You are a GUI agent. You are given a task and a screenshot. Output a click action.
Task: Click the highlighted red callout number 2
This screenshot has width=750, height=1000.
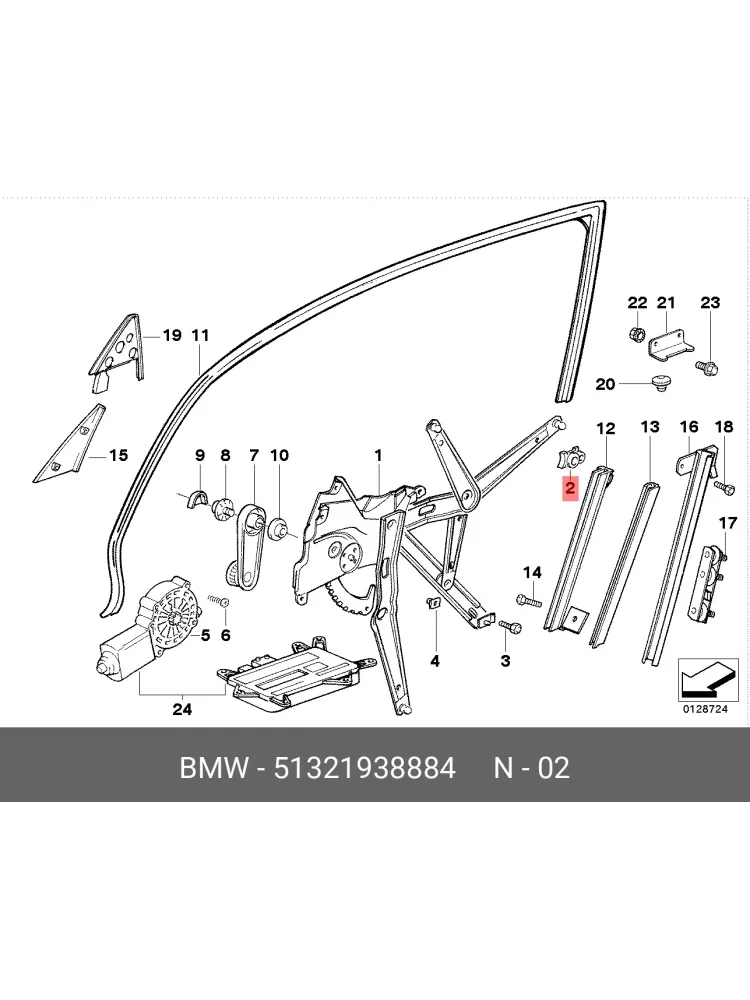point(570,489)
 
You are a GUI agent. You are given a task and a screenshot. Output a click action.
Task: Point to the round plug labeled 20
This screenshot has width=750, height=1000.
point(661,383)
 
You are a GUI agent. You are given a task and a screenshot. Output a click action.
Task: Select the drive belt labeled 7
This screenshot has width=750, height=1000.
point(245,542)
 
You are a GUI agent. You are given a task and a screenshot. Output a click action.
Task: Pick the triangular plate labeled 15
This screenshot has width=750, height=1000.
point(70,444)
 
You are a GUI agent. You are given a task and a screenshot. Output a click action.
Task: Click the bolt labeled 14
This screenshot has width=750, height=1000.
point(529,599)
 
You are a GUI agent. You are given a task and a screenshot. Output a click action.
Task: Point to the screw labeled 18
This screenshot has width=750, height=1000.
point(724,487)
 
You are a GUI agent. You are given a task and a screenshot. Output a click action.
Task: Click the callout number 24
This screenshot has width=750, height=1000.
point(182,709)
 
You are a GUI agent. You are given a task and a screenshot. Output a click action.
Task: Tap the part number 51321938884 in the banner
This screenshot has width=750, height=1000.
point(365,768)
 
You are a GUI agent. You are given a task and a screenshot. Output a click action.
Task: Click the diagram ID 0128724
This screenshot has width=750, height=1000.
point(705,709)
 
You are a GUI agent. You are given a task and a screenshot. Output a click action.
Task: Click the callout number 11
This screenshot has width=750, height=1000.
point(200,335)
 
